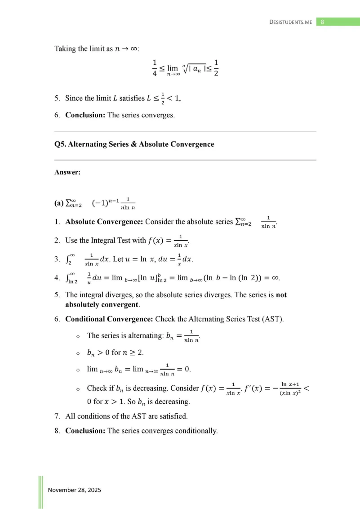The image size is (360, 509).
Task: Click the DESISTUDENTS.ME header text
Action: [290, 22]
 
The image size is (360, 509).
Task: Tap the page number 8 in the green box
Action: [323, 22]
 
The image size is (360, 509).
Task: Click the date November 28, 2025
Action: [75, 490]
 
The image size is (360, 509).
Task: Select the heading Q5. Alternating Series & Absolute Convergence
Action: [134, 144]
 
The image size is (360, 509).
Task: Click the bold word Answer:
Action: [67, 172]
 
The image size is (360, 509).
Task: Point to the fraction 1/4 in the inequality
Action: [155, 68]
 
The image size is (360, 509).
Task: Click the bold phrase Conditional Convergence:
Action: [109, 319]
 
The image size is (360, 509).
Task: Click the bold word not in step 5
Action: [280, 295]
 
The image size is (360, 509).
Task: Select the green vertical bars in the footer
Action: [41, 491]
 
